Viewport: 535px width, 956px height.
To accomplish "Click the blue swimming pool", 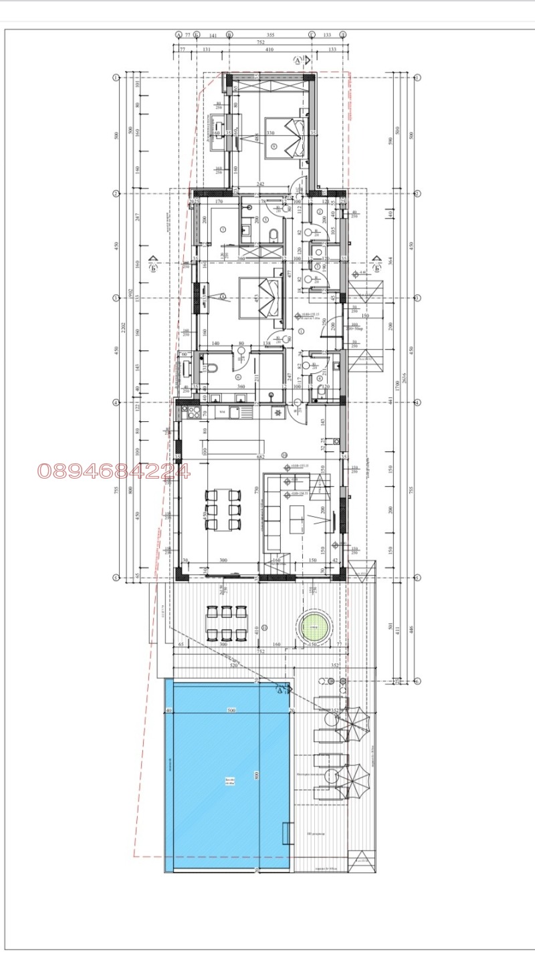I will tap(227, 775).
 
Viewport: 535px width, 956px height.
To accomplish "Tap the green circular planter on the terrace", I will tap(314, 628).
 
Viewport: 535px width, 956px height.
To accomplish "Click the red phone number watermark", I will tap(114, 471).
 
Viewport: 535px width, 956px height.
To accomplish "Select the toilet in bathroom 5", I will tap(273, 235).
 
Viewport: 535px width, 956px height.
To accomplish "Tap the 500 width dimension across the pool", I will tap(231, 710).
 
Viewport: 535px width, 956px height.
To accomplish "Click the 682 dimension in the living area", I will tap(261, 457).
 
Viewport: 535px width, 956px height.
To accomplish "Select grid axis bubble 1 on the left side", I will tap(116, 78).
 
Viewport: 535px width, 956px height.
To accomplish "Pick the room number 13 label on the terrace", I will tap(265, 627).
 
